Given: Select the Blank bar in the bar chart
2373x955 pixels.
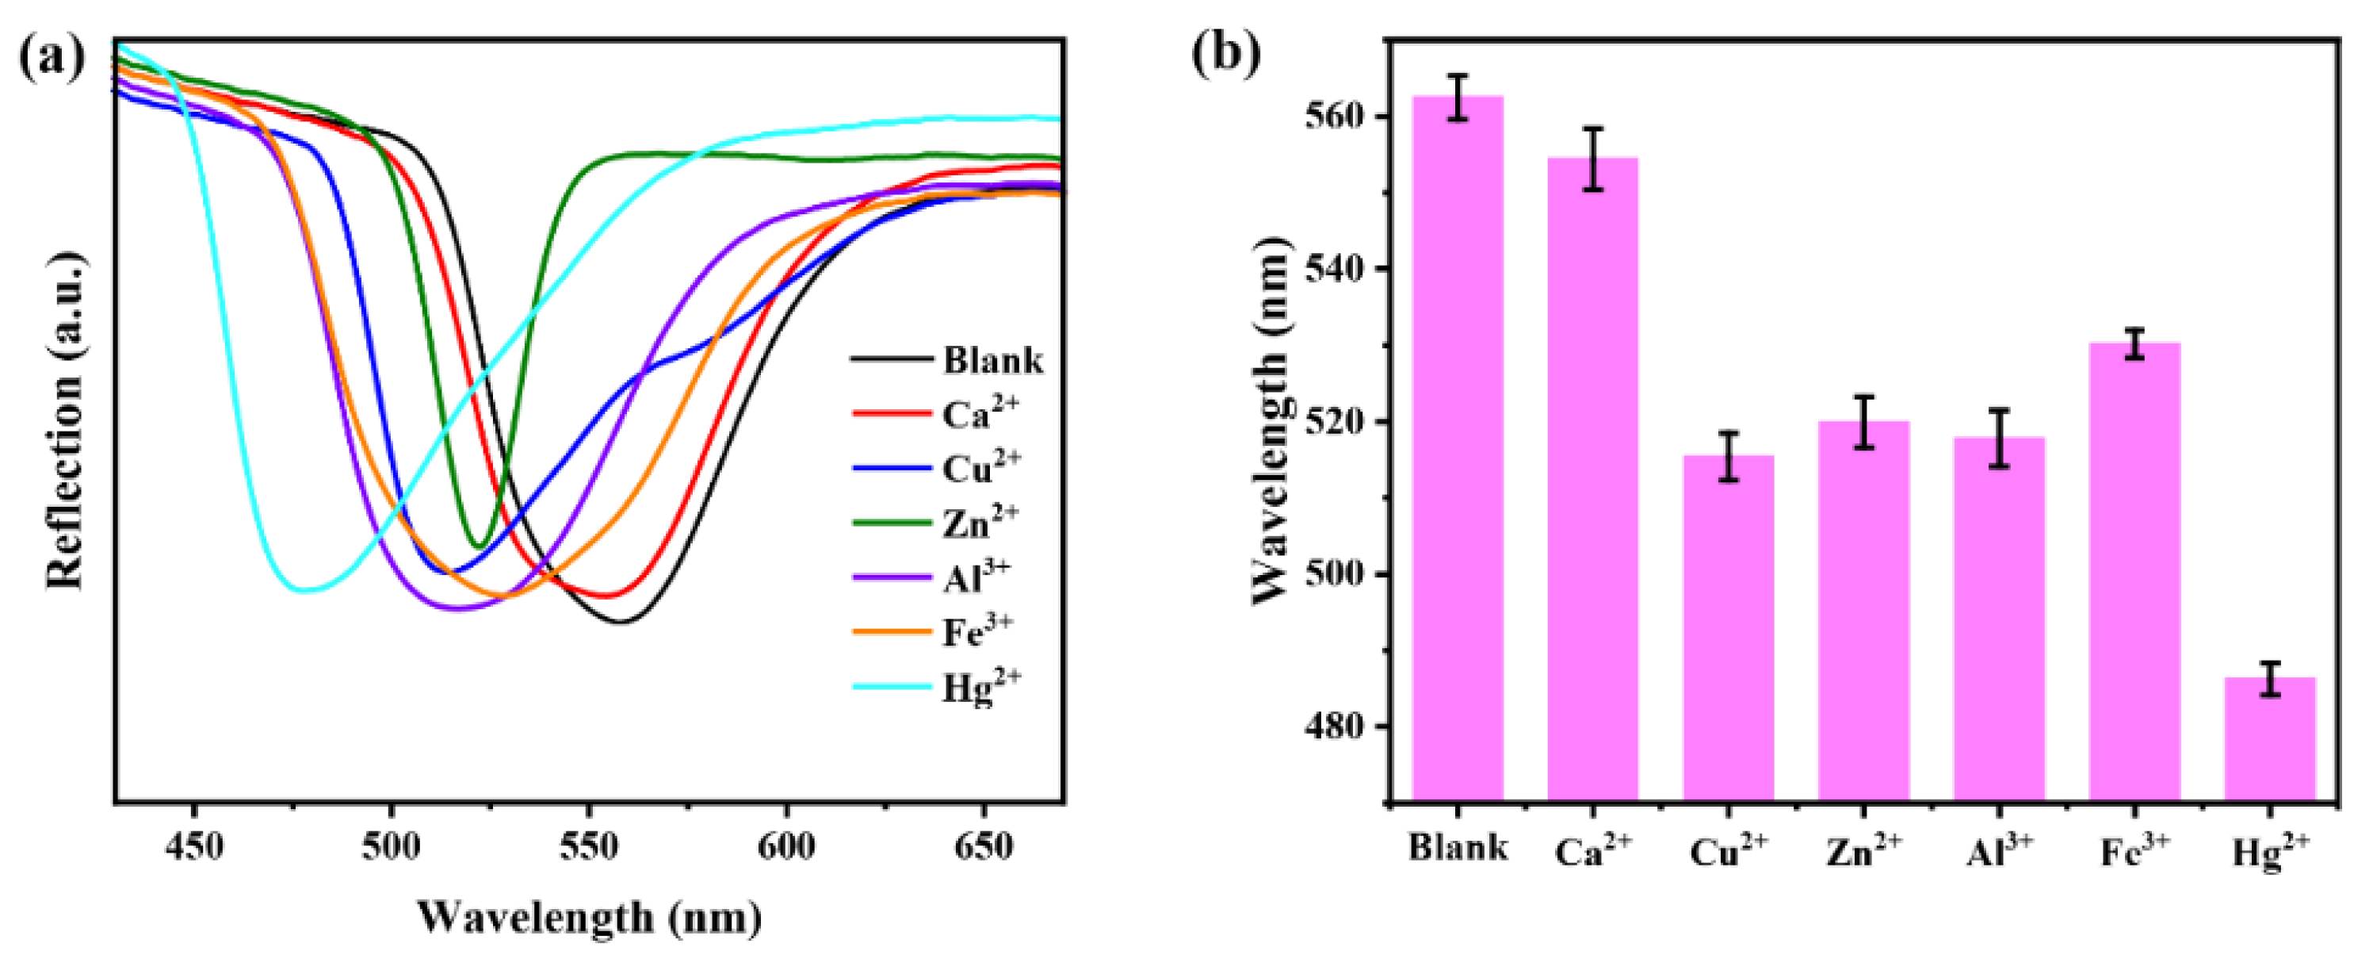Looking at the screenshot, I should [1458, 448].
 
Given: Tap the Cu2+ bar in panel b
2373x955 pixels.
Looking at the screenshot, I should [1728, 627].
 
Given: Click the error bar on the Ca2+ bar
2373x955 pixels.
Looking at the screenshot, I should [1593, 159].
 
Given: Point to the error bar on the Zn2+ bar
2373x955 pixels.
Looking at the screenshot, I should [1863, 422].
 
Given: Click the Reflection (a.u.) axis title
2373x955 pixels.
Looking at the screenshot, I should [67, 420].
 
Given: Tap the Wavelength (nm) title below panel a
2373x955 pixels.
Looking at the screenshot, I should [590, 916].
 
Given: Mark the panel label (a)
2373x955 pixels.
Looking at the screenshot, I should [52, 57].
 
